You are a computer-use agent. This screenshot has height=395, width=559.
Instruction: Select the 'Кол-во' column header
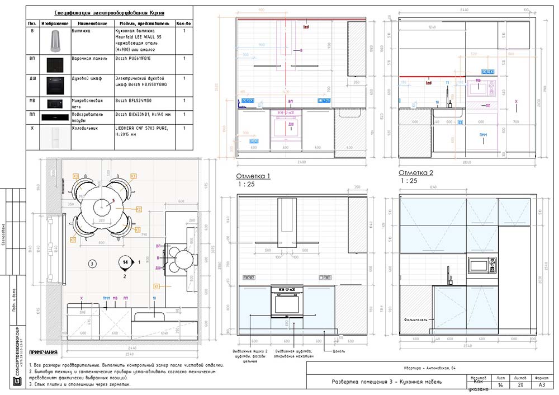[x=184, y=23]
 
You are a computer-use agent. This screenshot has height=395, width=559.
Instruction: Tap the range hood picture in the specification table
[x=56, y=40]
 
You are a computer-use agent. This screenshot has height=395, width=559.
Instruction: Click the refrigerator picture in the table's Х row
[x=56, y=138]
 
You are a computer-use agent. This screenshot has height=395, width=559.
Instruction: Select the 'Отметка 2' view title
[x=416, y=172]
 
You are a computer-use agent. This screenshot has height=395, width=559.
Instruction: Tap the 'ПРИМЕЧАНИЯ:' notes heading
[x=43, y=353]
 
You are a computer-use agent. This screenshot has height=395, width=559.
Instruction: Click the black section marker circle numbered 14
[x=126, y=262]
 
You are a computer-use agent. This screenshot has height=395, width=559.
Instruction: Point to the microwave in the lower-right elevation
[x=482, y=265]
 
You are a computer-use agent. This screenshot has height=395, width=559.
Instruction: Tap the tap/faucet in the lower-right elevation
[x=448, y=275]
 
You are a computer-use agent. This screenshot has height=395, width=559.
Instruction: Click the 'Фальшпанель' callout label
[x=415, y=320]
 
